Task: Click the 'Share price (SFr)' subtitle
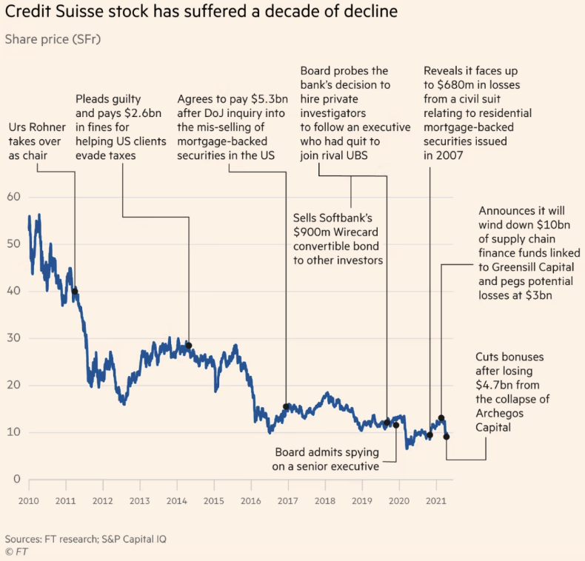click(53, 38)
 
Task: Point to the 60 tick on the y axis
click(13, 197)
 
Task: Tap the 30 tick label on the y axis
click(13, 338)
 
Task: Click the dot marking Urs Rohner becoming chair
click(75, 292)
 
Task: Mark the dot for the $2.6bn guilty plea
click(189, 346)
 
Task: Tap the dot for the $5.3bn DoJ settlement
click(287, 406)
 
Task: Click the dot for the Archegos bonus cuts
click(447, 437)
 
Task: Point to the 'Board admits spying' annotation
click(327, 459)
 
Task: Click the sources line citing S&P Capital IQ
click(85, 539)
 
